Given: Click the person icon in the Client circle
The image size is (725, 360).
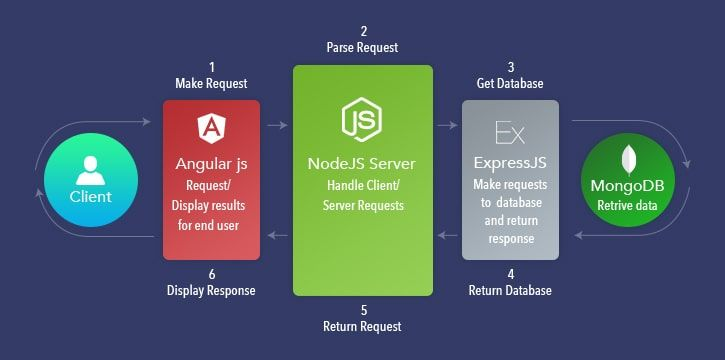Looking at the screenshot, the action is tap(91, 171).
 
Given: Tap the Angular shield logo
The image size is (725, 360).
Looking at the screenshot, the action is tap(211, 128).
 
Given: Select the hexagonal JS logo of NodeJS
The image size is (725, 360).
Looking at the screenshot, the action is tap(362, 120).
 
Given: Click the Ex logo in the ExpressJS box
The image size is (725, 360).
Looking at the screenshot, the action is tap(510, 133).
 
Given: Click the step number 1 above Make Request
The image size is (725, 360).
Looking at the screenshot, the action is tap(212, 67).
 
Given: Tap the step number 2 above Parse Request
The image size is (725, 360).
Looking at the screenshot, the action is tap(364, 31).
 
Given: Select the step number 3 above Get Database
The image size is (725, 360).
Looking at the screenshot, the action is tap(510, 67).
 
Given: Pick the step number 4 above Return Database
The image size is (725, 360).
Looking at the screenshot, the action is tap(510, 274).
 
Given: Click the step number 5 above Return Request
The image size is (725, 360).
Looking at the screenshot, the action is tap(364, 310).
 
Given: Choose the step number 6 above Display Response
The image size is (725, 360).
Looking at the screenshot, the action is tap(212, 274).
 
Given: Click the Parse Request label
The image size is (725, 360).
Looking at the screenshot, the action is tap(362, 48).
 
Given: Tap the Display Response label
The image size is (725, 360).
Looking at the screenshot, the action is tap(211, 290).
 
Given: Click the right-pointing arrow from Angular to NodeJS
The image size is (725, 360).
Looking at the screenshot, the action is tap(277, 125).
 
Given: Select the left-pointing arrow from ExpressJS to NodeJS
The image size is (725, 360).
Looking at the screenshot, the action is tap(447, 236).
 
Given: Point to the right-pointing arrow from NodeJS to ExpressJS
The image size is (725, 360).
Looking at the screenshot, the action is tap(447, 125).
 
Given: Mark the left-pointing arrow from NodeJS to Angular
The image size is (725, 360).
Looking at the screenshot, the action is tap(277, 236).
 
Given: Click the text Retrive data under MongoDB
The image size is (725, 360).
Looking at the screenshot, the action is tap(627, 205).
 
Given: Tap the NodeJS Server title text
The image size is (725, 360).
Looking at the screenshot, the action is tap(362, 164).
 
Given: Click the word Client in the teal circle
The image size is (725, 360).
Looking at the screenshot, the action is tap(91, 197).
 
